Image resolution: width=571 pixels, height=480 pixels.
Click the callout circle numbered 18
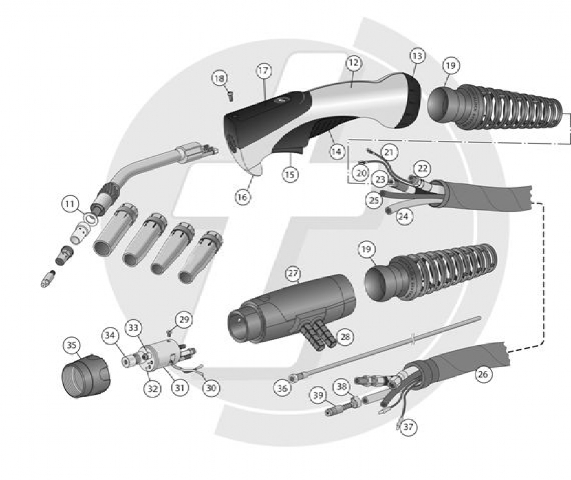tap(219, 78)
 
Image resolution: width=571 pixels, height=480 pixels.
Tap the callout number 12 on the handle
tap(353, 63)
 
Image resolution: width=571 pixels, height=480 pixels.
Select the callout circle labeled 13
tap(418, 56)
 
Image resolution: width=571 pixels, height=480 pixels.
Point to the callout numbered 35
tap(72, 345)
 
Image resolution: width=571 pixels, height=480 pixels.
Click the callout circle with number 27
tap(293, 273)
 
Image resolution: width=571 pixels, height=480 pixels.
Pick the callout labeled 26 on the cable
tap(483, 373)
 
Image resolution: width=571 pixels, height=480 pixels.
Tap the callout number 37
tap(408, 426)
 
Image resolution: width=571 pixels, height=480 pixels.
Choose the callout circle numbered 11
tap(70, 204)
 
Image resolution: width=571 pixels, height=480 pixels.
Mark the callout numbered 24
tap(403, 217)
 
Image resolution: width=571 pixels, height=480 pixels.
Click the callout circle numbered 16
tap(243, 197)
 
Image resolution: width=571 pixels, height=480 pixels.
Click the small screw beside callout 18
tap(230, 96)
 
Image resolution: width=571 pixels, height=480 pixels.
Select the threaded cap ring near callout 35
tap(86, 376)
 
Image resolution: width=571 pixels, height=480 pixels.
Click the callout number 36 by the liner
tap(283, 389)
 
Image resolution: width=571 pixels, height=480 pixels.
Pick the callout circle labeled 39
tap(319, 395)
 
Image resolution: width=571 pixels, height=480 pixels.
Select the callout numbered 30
tap(211, 388)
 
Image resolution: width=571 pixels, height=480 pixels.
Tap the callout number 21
tap(389, 152)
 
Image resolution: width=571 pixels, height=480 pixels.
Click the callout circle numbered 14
tap(336, 151)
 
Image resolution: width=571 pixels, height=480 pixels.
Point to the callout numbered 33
tap(133, 328)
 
